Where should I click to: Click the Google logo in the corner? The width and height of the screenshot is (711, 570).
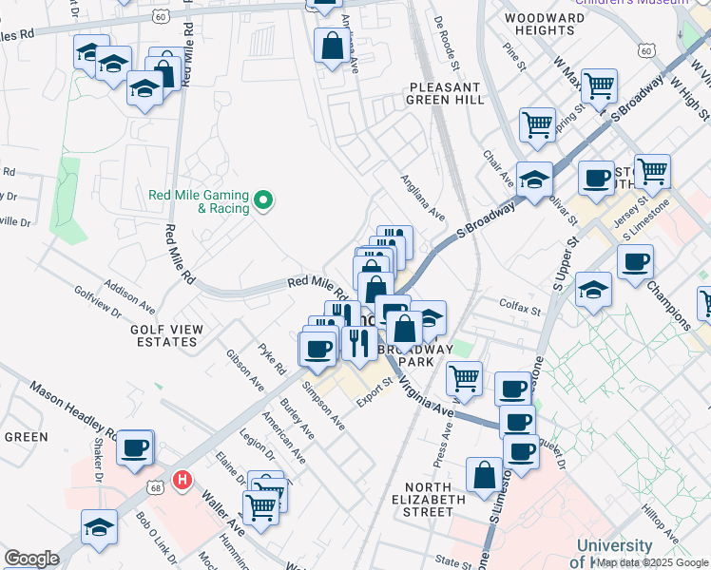tap(31, 559)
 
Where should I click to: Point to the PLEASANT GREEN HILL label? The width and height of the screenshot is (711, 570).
tap(446, 92)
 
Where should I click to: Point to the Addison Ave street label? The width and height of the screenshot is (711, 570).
tap(130, 296)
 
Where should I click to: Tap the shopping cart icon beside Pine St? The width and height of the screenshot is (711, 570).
tap(537, 123)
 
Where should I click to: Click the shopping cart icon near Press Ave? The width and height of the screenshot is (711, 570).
tap(464, 378)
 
